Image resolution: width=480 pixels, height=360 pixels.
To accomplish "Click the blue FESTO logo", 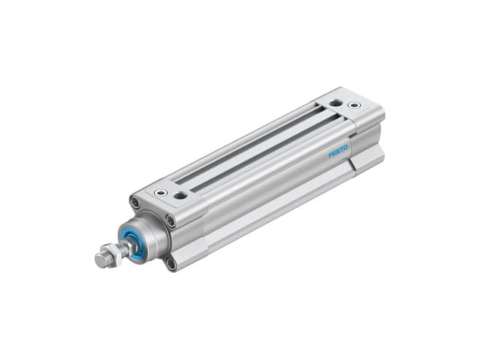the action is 338,151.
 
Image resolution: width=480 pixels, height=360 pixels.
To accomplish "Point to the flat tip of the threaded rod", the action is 100,260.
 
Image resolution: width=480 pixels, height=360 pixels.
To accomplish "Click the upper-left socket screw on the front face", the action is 135,202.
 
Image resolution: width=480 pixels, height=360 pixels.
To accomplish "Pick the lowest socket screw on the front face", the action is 171,263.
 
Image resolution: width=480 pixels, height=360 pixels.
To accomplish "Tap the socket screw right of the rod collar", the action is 170,220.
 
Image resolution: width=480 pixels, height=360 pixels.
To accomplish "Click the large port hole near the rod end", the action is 180,195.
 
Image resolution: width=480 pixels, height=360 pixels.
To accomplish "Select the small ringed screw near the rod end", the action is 161,193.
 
